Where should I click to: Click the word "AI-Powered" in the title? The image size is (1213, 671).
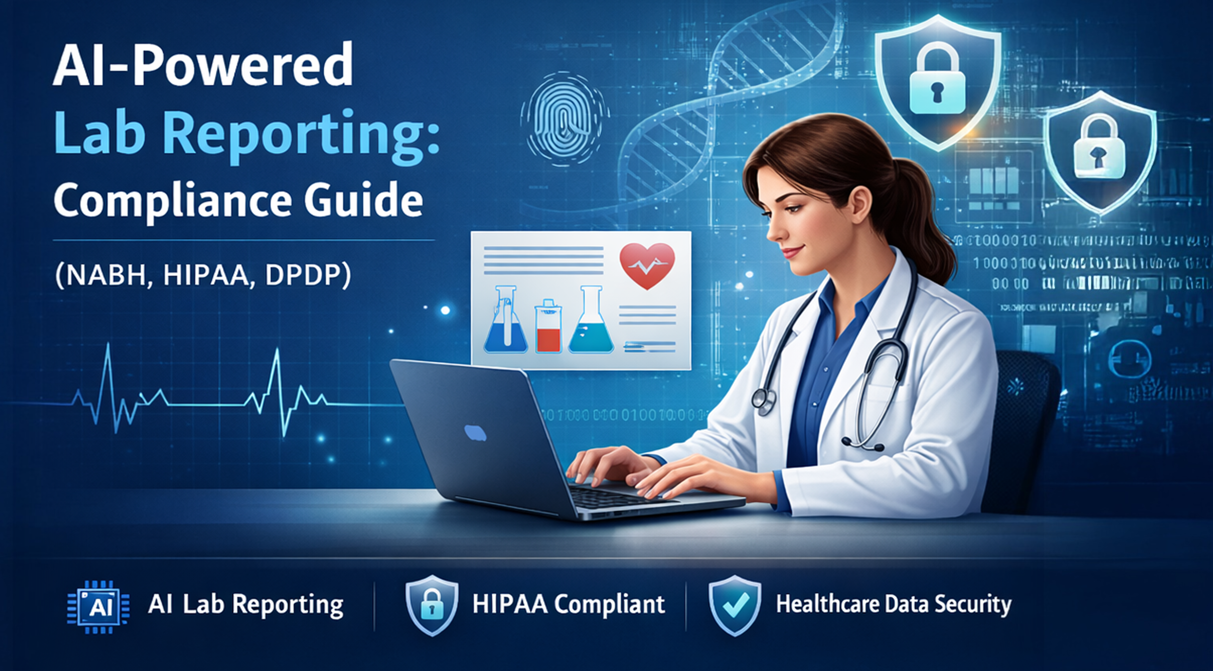coord(202,66)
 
